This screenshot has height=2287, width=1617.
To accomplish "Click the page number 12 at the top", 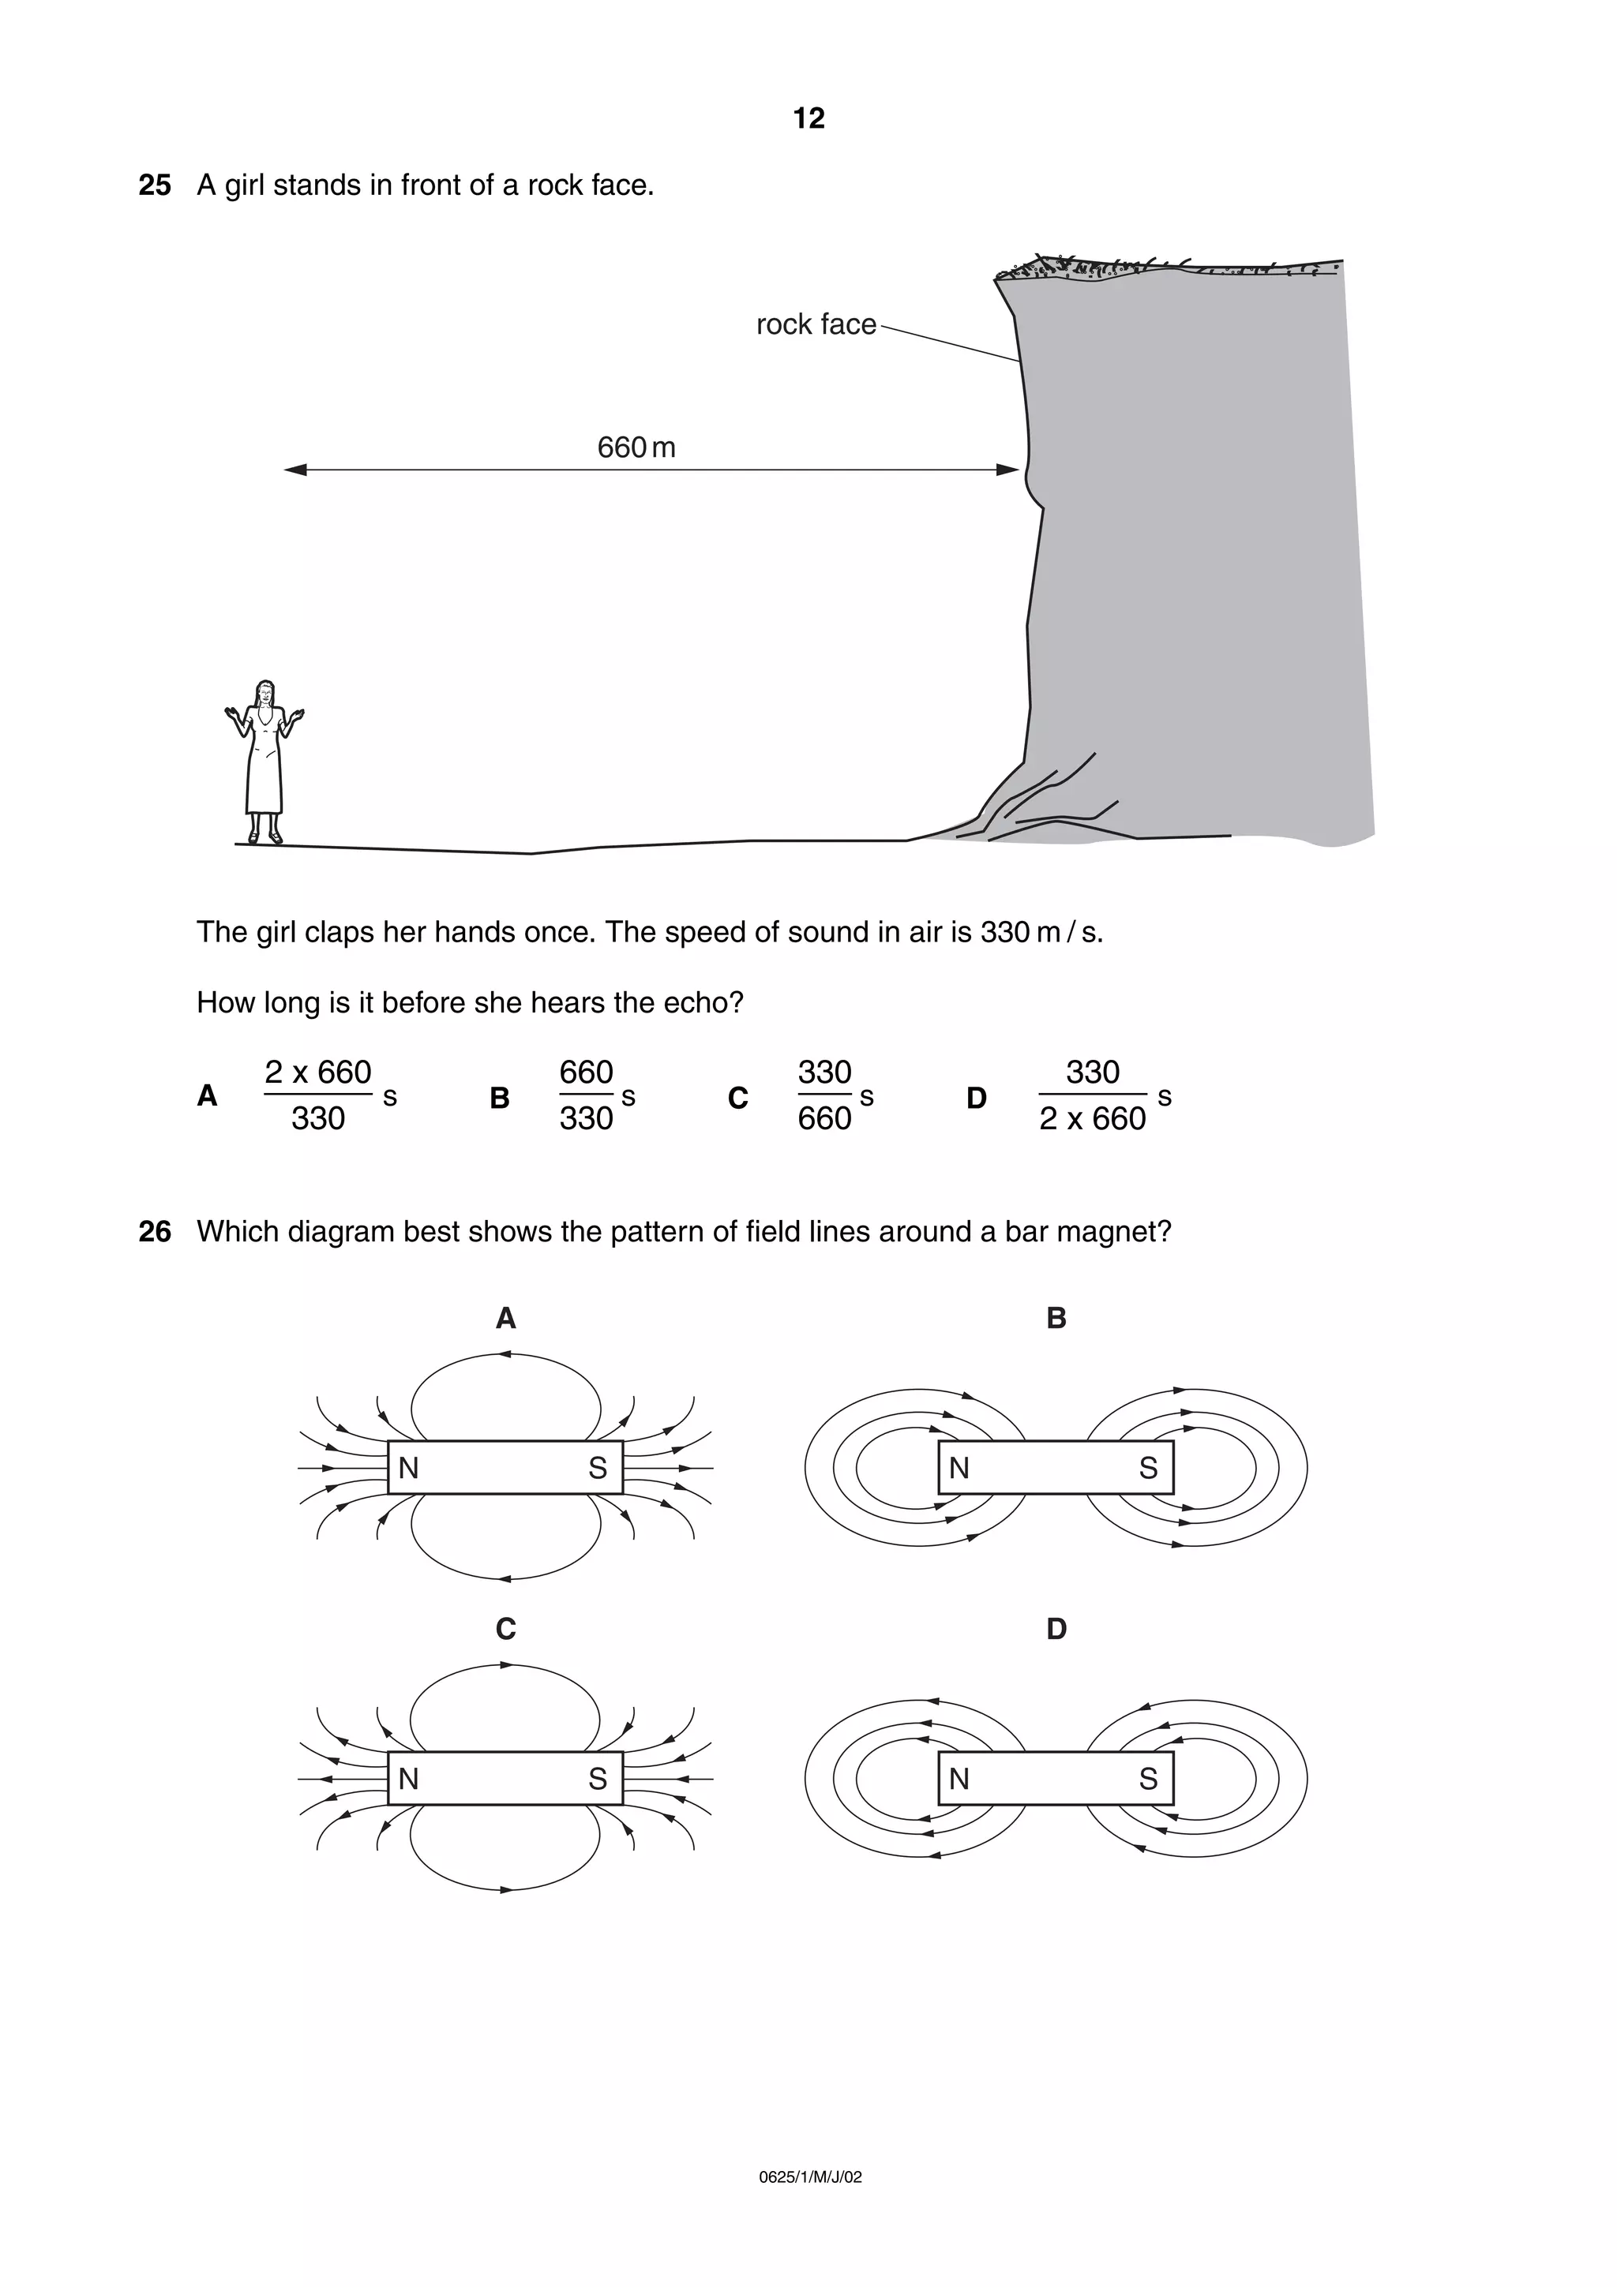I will click(x=808, y=118).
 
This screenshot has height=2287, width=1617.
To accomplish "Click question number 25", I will click(x=155, y=185).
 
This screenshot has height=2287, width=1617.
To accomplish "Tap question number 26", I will click(x=155, y=1232).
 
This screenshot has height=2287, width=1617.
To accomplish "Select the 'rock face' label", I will click(x=815, y=324).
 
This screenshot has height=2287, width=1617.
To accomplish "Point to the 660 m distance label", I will click(x=636, y=447).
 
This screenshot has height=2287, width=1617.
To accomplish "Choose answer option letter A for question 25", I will click(x=207, y=1095).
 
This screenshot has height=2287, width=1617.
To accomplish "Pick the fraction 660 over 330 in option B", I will click(x=586, y=1095).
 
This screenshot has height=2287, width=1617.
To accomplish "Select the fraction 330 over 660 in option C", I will click(x=824, y=1095).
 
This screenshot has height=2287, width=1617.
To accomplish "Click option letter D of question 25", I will click(x=977, y=1098).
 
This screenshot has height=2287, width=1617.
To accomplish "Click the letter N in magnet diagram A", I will click(x=408, y=1468).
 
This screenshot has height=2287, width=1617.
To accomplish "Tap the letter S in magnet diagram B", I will click(x=1148, y=1468).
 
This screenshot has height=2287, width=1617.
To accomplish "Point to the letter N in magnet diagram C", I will click(x=408, y=1779).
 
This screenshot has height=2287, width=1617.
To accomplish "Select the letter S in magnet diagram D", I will click(x=1148, y=1779).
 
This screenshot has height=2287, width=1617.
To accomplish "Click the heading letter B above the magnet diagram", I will click(x=1056, y=1319).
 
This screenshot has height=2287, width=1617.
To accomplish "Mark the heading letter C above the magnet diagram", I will click(x=505, y=1630).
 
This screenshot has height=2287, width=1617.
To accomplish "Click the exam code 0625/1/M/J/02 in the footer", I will click(x=810, y=2177).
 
